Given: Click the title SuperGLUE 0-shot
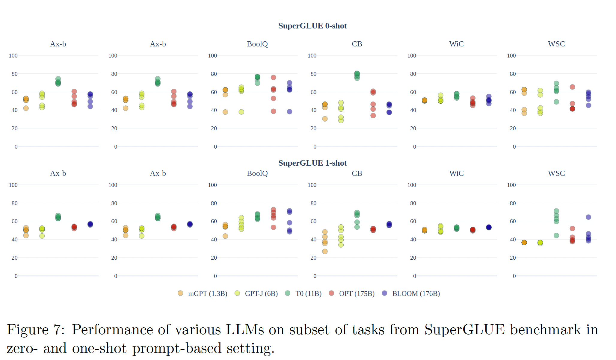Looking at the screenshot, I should (312, 26).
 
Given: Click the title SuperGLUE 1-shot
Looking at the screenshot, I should (312, 163).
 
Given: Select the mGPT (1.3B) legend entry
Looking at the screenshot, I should (203, 294).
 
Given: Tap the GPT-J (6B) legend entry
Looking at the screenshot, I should (256, 294).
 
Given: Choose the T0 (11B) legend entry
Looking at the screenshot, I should (304, 294).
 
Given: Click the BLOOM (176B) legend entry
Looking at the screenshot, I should (411, 294).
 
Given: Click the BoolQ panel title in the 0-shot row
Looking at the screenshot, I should (257, 44).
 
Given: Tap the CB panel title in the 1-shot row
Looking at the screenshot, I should (357, 173).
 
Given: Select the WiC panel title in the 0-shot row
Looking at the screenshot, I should (456, 44).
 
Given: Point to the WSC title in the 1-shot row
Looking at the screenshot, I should (556, 173).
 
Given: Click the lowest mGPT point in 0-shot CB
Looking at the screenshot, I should (325, 119).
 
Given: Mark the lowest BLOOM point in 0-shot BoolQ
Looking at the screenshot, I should (289, 112).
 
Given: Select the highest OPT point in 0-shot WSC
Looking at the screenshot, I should (572, 87).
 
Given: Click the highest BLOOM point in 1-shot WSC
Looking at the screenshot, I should (588, 217).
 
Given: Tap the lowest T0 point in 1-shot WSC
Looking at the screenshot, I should (556, 235).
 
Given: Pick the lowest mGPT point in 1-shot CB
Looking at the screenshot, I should (325, 251).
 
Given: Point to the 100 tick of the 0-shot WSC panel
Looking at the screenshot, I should (511, 56).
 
